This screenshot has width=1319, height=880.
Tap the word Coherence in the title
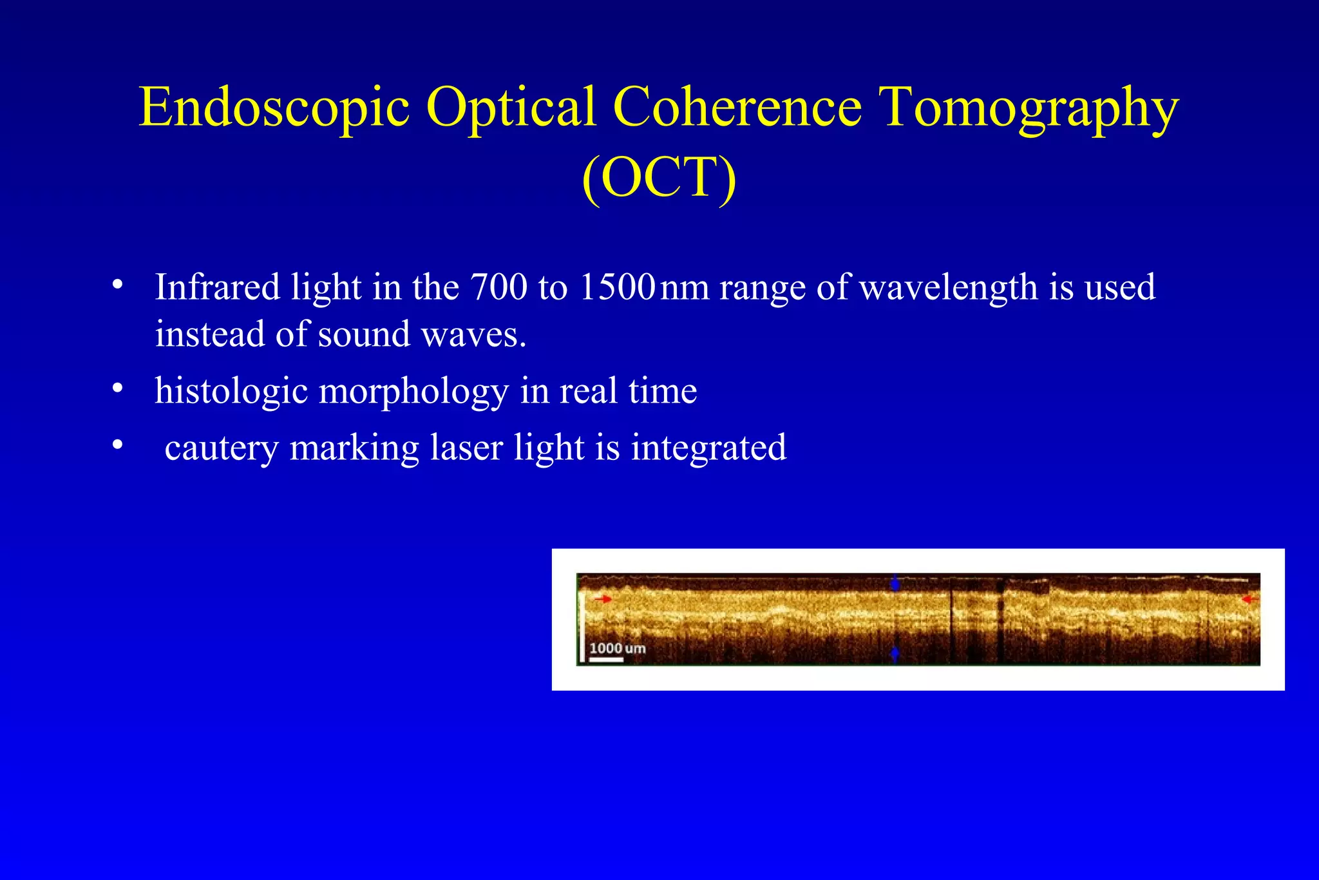737,107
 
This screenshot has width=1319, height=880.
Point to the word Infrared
217,287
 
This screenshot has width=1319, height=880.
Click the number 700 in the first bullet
499,287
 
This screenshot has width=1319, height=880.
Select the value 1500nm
643,287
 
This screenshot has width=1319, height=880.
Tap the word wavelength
948,287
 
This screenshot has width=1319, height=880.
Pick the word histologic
231,391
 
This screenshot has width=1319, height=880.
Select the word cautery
221,448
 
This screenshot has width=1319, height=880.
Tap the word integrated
708,448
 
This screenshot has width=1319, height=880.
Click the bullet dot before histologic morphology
117,388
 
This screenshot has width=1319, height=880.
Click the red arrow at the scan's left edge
603,599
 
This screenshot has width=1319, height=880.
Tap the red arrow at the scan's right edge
1249,599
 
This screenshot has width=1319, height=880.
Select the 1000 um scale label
617,648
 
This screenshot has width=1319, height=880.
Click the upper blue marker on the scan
895,584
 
